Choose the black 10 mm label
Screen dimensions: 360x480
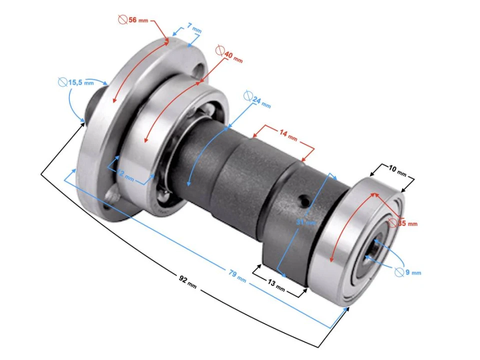click(397, 170)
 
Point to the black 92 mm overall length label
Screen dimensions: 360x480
click(187, 280)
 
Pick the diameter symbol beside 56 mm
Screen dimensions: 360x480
click(122, 19)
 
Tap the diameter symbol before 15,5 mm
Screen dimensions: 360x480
click(62, 81)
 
